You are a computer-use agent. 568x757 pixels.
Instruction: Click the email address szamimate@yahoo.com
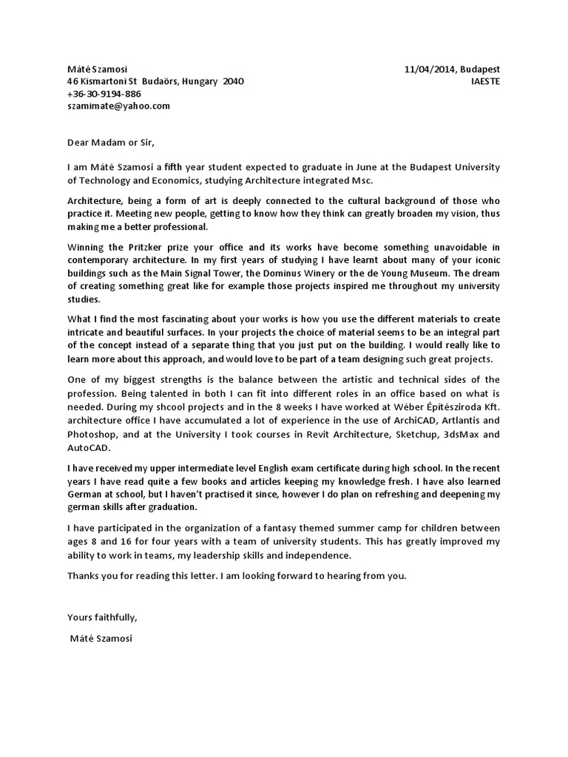pos(118,106)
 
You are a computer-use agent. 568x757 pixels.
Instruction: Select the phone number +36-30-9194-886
pos(104,94)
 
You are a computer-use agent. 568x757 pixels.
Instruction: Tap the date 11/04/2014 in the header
pos(427,69)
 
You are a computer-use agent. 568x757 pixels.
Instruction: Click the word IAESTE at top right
pos(485,81)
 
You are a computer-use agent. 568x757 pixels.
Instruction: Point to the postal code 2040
pos(233,81)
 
